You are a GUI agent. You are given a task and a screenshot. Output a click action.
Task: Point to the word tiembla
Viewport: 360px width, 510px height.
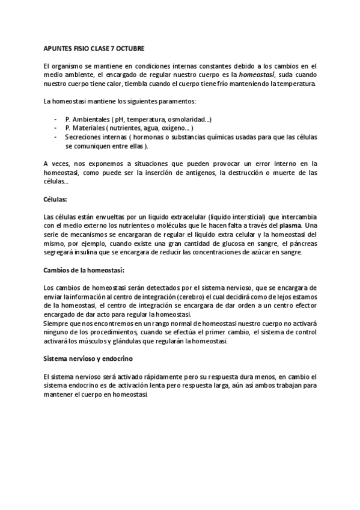click(x=152, y=83)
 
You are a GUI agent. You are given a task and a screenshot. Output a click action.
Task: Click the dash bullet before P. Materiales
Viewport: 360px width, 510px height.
click(x=56, y=128)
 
